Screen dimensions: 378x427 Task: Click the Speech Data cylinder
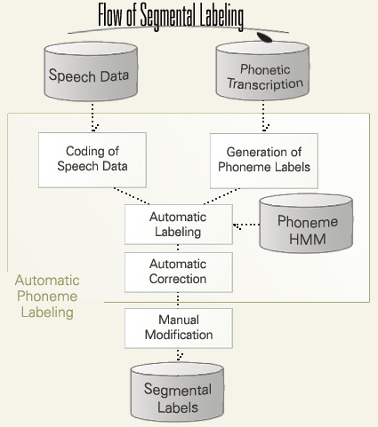pos(91,72)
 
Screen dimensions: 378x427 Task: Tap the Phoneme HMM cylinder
pos(306,224)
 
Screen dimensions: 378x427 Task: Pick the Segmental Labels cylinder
pos(177,392)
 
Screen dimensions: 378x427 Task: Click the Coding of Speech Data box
pos(92,160)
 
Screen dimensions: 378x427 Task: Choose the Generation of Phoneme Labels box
pos(264,161)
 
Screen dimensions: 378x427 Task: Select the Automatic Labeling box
pos(179,225)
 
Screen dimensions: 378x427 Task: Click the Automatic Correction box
pos(179,273)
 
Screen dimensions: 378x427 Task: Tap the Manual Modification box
pos(179,328)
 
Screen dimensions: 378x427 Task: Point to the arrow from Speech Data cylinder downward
pos(92,117)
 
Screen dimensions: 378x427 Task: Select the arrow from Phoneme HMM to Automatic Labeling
pos(246,225)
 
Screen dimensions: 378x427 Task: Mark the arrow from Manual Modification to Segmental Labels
pos(178,355)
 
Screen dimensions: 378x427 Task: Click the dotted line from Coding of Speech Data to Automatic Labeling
pos(132,196)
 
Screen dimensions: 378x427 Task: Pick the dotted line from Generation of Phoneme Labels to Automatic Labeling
pos(221,196)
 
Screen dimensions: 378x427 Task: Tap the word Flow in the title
pos(110,15)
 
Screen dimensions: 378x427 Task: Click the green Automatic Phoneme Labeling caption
pos(47,297)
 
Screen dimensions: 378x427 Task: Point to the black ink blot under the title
pos(264,37)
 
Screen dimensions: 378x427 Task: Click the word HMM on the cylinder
pos(308,239)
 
